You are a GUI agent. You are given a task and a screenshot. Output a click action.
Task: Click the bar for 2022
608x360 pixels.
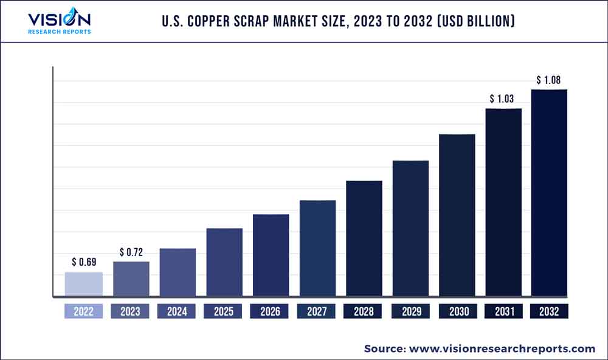(x=83, y=284)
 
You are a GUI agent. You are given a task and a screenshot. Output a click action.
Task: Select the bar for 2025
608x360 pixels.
(x=224, y=262)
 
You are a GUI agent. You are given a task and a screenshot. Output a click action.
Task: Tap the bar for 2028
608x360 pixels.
(x=364, y=238)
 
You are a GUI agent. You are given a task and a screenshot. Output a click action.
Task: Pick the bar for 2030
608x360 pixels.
(x=457, y=215)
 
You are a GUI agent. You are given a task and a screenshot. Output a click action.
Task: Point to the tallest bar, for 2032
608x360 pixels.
(x=549, y=193)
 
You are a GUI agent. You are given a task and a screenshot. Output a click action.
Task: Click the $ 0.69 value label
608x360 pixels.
(x=84, y=263)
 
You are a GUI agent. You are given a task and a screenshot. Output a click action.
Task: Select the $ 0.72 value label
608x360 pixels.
(x=131, y=252)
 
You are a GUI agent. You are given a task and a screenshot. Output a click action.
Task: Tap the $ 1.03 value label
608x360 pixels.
(x=503, y=99)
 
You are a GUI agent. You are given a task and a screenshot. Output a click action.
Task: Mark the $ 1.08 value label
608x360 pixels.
(x=549, y=80)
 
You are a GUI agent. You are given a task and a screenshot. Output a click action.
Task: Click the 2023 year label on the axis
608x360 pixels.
(x=130, y=311)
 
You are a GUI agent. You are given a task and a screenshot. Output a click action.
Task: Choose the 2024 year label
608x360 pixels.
(x=177, y=311)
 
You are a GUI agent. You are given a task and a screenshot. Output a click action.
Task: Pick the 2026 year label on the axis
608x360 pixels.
(x=270, y=311)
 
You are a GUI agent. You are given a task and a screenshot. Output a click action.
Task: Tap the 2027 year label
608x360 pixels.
(x=317, y=311)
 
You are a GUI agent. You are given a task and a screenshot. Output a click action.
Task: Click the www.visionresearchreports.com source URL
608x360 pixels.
(x=502, y=348)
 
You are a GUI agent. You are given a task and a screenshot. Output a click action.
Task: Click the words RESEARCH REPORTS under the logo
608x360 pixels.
(x=59, y=32)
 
